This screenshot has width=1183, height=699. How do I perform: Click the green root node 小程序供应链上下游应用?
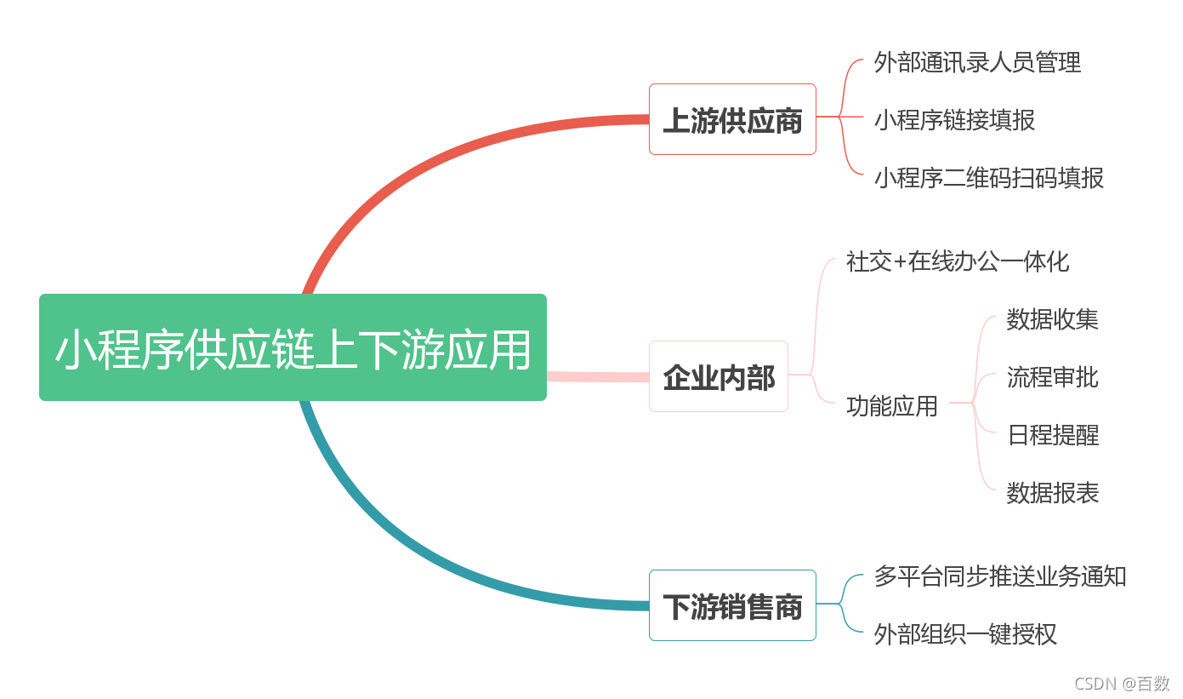pos(293,347)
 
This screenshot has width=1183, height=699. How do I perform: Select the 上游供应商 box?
pos(732,119)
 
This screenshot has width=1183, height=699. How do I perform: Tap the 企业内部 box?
pos(719,376)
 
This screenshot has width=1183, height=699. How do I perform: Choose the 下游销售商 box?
pos(732,605)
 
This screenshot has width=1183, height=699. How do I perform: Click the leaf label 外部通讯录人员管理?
pos(977,62)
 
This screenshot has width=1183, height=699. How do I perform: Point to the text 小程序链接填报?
pos(954,120)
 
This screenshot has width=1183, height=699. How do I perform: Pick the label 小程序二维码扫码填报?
pos(989,177)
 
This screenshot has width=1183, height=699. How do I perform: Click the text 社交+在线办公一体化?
pos(958,261)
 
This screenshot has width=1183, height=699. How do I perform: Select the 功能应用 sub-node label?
pos(892,406)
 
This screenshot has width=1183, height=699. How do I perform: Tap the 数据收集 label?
pos(1052,319)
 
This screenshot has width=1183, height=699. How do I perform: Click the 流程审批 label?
pos(1052,377)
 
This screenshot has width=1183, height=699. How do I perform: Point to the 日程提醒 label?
pos(1052,435)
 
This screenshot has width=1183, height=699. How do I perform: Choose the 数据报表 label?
pos(1052,493)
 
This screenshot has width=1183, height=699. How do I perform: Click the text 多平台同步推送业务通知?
pos(1000,576)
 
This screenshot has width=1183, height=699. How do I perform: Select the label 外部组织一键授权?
pos(965,634)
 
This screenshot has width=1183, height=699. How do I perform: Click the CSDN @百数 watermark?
pos(1122,684)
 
